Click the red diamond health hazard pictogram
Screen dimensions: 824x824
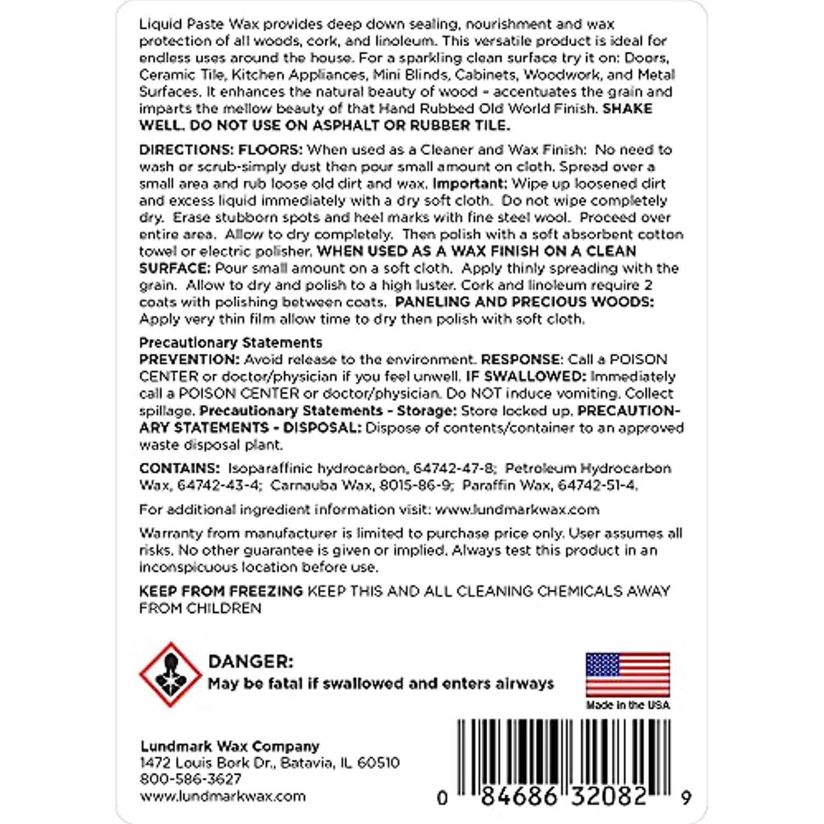(170, 674)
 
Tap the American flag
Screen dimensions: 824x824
(627, 675)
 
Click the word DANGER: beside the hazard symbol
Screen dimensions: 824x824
(251, 661)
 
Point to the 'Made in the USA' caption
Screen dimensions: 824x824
(628, 705)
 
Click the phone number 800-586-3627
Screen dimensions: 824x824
(191, 779)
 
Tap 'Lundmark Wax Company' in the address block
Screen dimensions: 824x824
(230, 746)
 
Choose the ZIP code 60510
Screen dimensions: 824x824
(378, 762)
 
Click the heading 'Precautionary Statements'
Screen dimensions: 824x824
(231, 343)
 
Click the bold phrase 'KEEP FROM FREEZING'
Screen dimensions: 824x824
(221, 591)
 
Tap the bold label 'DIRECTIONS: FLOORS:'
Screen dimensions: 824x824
(221, 150)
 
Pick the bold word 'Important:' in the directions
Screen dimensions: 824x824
(470, 183)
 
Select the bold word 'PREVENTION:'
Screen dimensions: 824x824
(190, 360)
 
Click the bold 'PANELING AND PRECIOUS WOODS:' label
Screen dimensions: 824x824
(525, 302)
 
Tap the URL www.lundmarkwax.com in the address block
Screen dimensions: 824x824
(222, 796)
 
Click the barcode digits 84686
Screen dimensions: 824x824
(519, 796)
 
